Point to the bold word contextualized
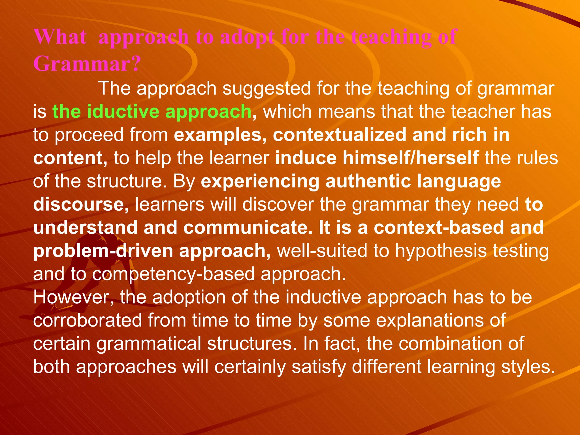coord(340,135)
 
